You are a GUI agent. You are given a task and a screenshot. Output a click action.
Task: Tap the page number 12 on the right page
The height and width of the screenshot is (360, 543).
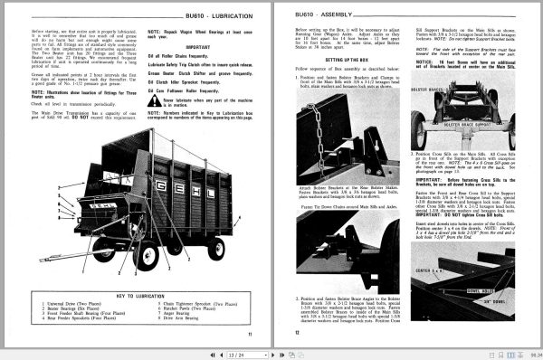click(298, 332)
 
